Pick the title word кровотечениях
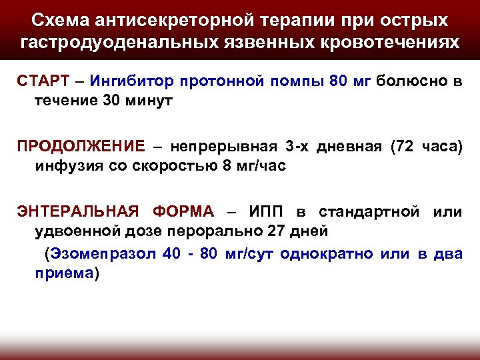388,42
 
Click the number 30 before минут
95,101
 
